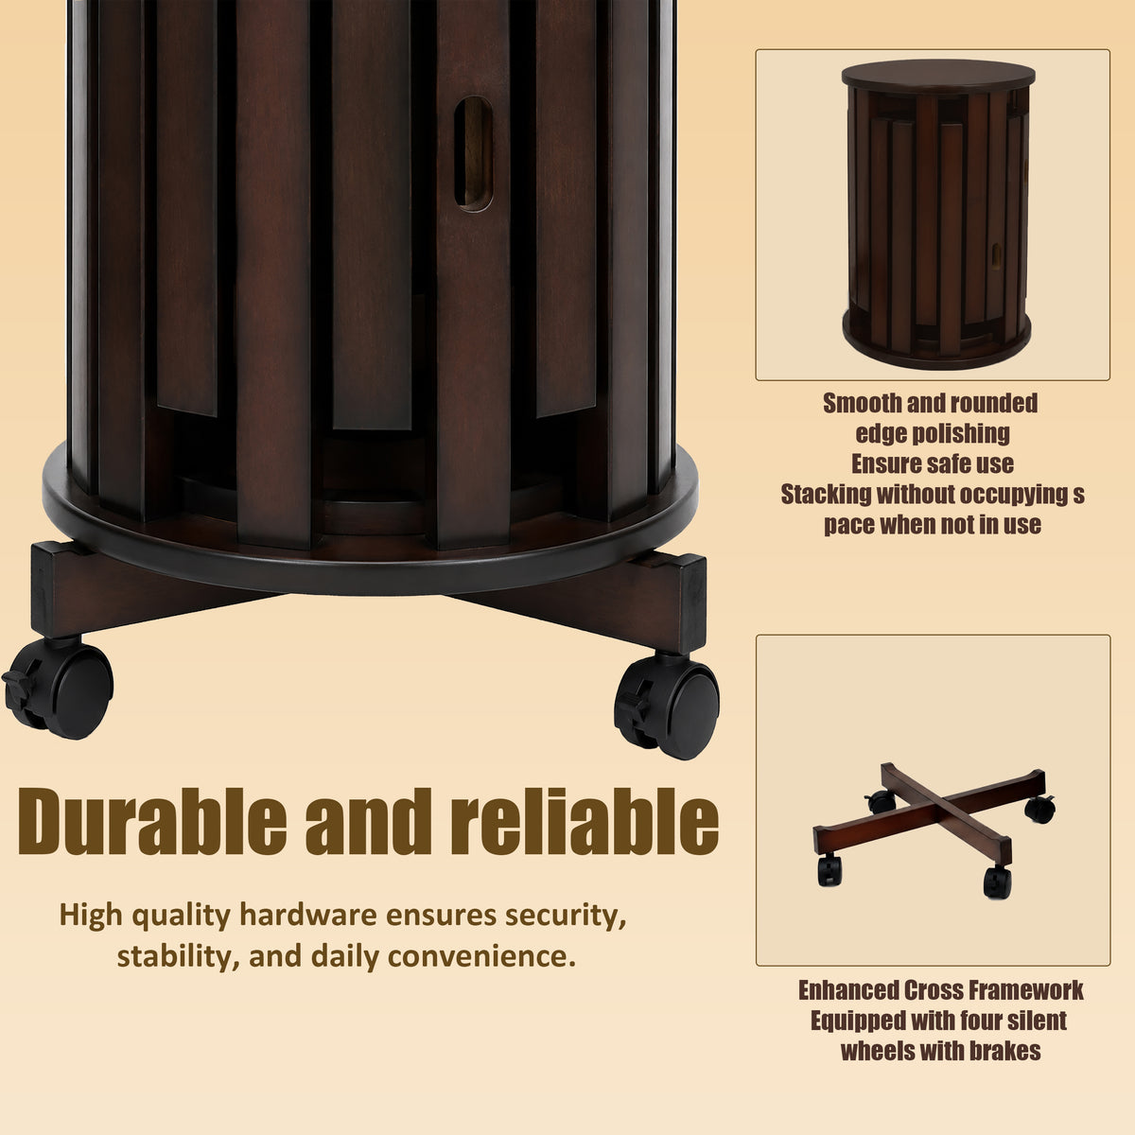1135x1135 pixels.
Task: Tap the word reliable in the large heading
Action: click(587, 822)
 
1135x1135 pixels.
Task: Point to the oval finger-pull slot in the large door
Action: click(473, 154)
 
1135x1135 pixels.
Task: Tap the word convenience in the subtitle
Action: click(481, 957)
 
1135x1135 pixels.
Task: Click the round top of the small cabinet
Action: click(938, 75)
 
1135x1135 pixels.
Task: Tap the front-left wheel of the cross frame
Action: click(829, 870)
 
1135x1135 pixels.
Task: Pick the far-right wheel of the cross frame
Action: click(1040, 809)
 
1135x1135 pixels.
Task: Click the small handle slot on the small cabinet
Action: click(996, 253)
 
